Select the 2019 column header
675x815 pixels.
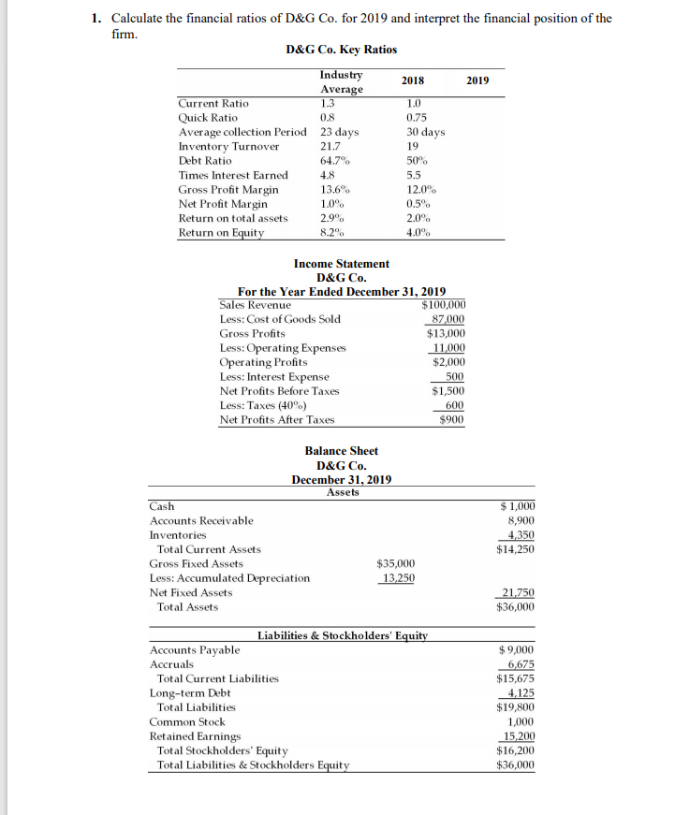(x=477, y=80)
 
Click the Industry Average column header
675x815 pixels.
(x=341, y=81)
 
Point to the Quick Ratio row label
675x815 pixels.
(x=207, y=118)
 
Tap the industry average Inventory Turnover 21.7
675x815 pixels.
(x=330, y=147)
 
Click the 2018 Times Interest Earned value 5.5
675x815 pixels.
(x=412, y=175)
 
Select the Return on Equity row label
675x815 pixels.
(x=221, y=233)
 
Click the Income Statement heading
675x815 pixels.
(x=341, y=264)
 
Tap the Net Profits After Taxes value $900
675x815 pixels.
(x=452, y=420)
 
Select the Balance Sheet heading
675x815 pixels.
(x=341, y=451)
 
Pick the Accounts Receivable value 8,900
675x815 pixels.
(x=520, y=520)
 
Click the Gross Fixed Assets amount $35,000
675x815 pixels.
(x=395, y=563)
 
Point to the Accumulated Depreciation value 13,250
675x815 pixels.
(x=397, y=577)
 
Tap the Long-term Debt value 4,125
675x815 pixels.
(x=520, y=693)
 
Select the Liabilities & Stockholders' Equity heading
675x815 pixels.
(x=341, y=636)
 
